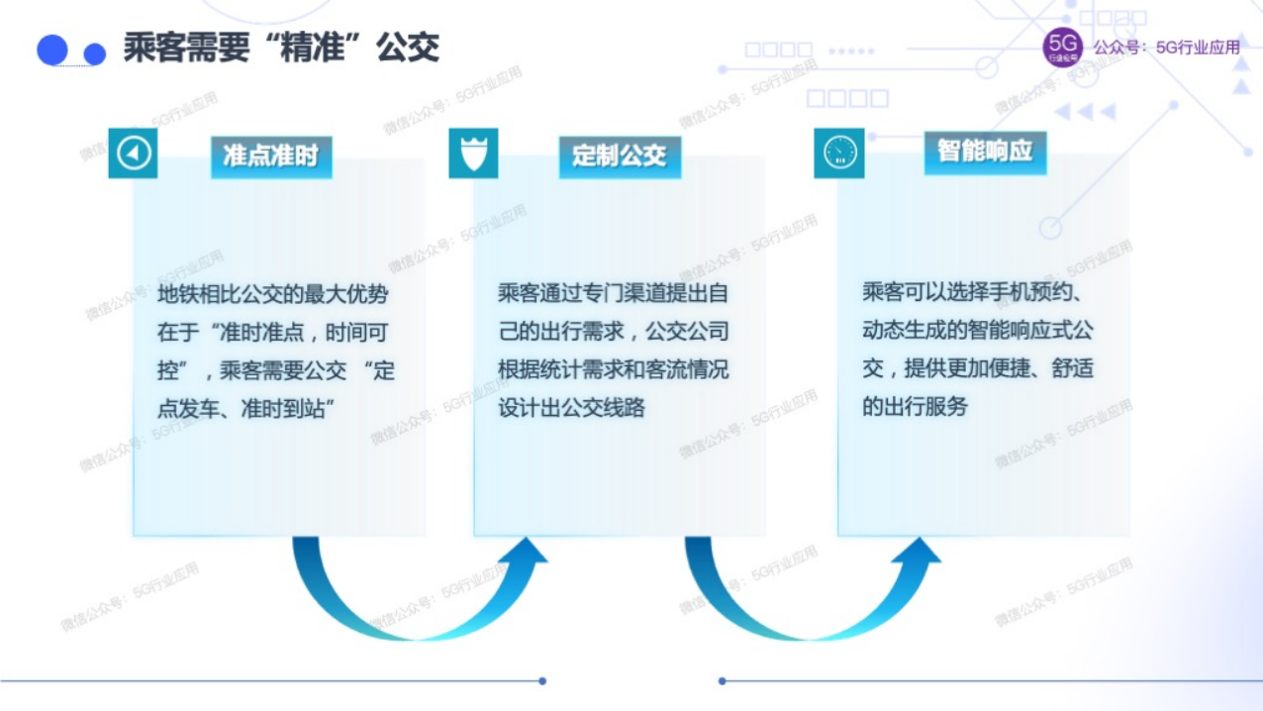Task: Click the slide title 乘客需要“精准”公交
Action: click(x=281, y=48)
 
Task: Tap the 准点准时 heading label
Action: click(x=270, y=155)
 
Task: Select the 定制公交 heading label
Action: click(x=619, y=155)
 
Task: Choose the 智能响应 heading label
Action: click(x=984, y=152)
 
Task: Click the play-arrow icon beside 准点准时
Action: click(x=134, y=153)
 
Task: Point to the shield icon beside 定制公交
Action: click(x=473, y=153)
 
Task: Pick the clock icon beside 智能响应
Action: click(x=838, y=153)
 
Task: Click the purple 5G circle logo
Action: click(x=1063, y=48)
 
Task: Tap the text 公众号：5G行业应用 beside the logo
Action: click(x=1166, y=48)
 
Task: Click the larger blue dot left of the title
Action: click(x=51, y=50)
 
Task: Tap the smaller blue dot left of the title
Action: click(x=95, y=53)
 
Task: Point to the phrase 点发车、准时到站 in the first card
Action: click(x=243, y=409)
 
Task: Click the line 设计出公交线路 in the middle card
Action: click(x=571, y=408)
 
